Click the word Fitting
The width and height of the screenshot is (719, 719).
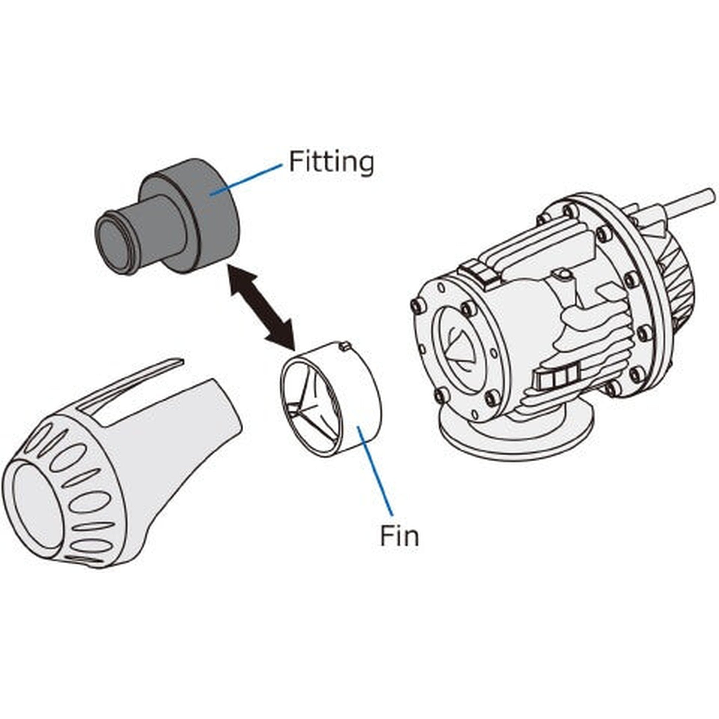point(331,162)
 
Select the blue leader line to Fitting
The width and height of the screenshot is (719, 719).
point(246,179)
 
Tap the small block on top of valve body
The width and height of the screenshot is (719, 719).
point(480,273)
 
